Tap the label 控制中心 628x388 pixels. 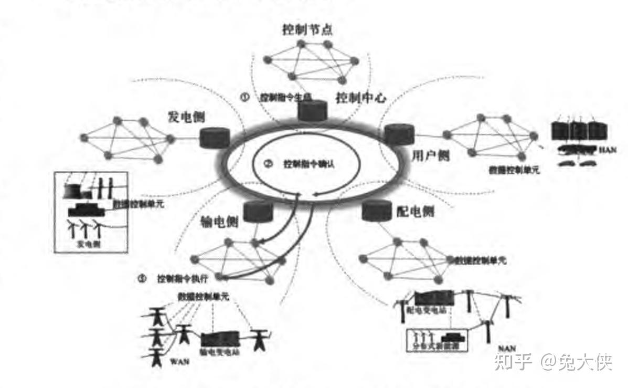pos(361,98)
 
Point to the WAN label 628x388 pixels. pos(179,361)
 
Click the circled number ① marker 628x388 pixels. pos(244,97)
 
